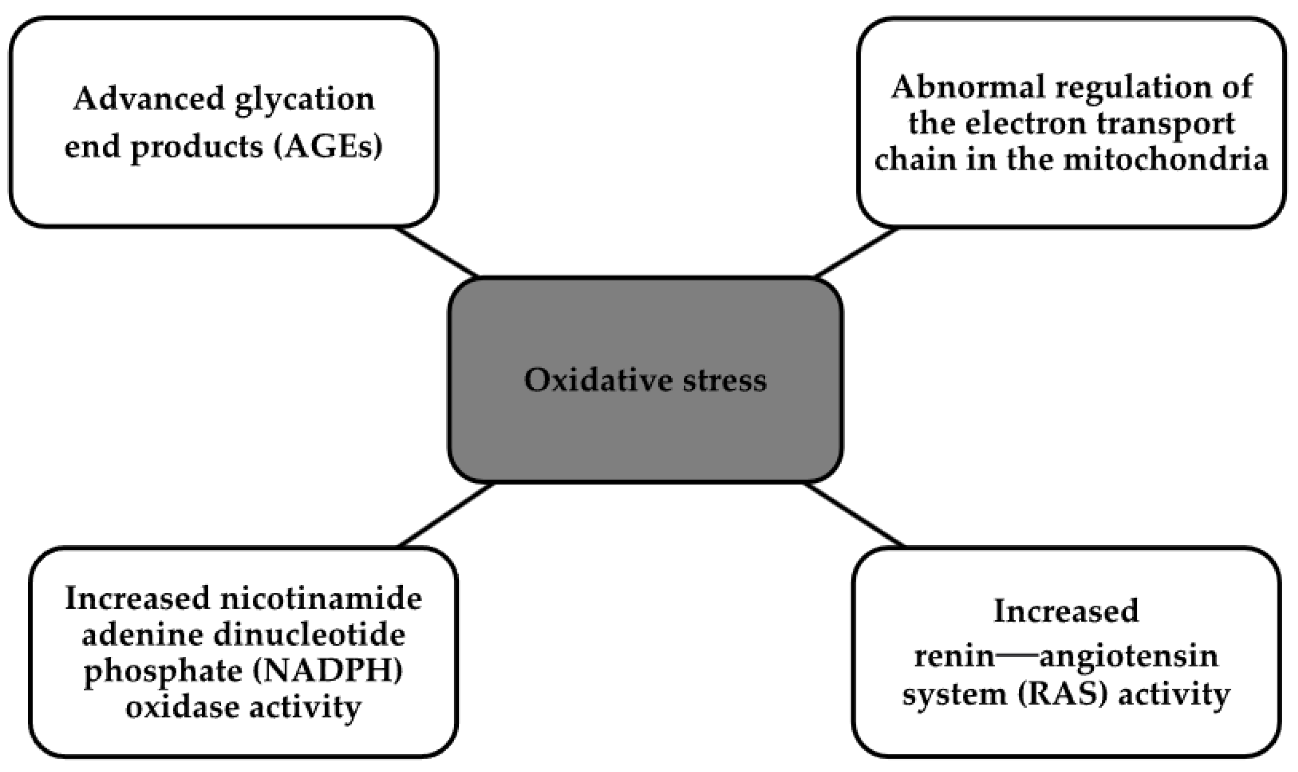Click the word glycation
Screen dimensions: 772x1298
pos(304,100)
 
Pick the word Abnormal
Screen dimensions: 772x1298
pos(968,87)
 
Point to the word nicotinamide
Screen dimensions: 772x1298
pos(321,599)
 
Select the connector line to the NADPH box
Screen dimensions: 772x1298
pos(446,515)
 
